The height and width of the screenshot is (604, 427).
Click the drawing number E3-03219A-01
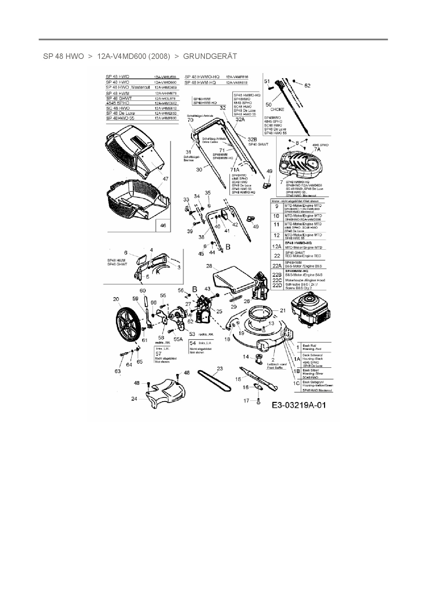coord(299,405)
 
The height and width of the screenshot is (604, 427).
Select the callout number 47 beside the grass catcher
coord(166,179)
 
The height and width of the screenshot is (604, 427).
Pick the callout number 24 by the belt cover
coord(134,399)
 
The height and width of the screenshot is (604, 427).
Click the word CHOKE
coord(277,109)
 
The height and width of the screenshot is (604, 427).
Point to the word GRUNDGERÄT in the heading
coord(210,56)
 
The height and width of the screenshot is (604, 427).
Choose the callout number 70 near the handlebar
coord(190,120)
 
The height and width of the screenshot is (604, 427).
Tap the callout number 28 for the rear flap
coord(209,266)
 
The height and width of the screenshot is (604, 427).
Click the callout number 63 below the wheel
coord(118,371)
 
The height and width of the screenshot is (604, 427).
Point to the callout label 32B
coord(252,139)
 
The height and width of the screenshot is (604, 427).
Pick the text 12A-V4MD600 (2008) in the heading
coord(134,56)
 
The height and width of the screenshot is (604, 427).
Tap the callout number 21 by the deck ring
coord(283,310)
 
